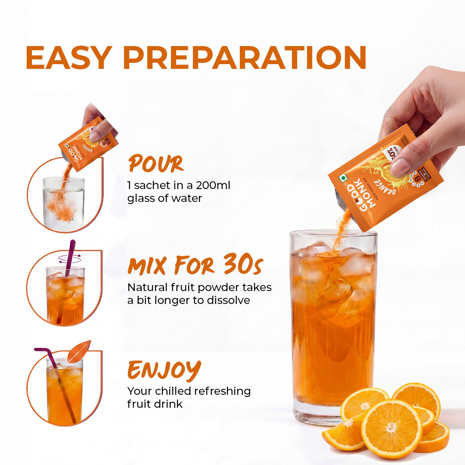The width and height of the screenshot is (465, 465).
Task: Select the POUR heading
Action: (155, 164)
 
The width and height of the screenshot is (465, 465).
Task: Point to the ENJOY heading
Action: (164, 369)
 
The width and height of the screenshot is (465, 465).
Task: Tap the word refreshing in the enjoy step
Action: (222, 391)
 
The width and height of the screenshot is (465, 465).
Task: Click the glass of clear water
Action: (64, 202)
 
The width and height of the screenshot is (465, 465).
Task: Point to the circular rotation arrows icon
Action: (69, 258)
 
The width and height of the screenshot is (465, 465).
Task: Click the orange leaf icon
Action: (79, 351)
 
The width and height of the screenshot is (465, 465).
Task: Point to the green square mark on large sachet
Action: (343, 178)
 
